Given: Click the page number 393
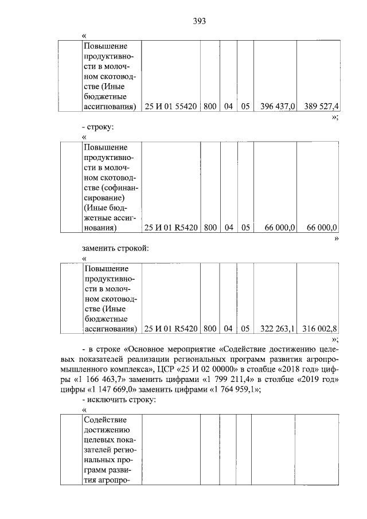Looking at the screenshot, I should tap(199, 21).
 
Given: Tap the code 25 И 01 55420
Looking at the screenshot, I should tap(171, 107).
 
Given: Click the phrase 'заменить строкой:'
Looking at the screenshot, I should tap(115, 248).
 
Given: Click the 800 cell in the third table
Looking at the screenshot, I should tap(209, 329).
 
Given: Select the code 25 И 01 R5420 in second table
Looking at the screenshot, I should tap(171, 228).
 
